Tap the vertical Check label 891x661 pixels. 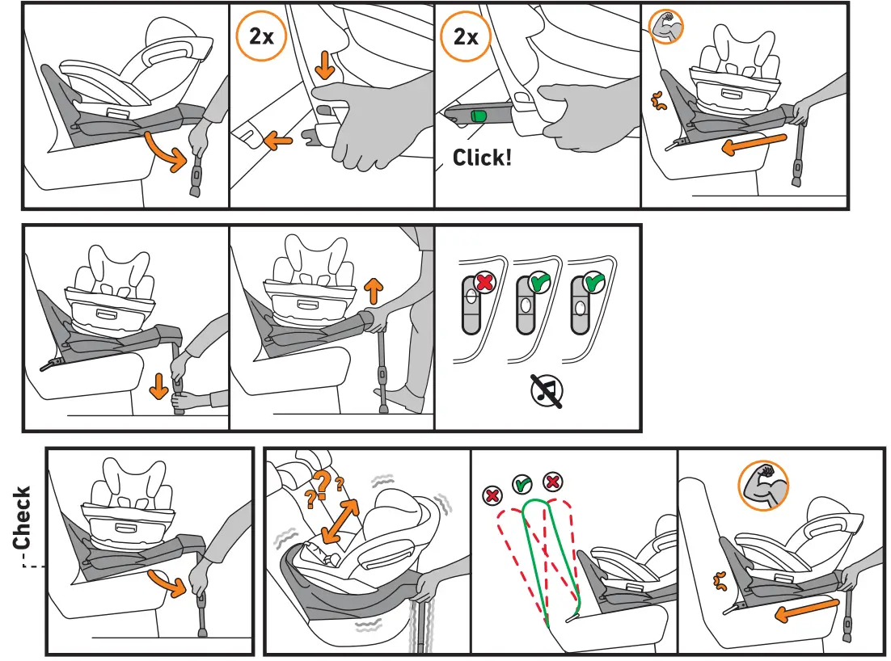tap(22, 517)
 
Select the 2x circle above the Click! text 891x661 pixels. tap(466, 37)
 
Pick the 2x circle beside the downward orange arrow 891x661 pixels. tap(261, 37)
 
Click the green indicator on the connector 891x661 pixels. tap(478, 117)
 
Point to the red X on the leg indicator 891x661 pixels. tap(484, 283)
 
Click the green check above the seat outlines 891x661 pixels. tap(522, 485)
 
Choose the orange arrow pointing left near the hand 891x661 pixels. tap(277, 140)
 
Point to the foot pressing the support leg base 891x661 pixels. tap(402, 398)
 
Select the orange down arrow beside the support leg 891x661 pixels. tap(158, 389)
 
